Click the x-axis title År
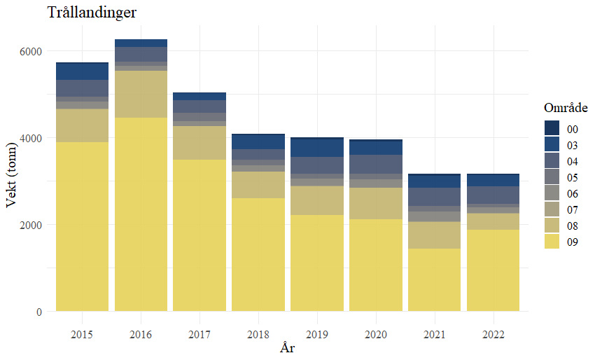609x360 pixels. (x=287, y=348)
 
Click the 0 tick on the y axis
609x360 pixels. (x=38, y=312)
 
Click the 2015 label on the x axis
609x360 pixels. (x=82, y=333)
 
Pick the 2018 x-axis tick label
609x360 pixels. (x=258, y=333)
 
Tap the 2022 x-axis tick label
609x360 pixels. (x=493, y=333)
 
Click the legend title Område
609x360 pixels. (x=565, y=109)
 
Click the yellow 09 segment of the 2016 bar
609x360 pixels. (x=141, y=214)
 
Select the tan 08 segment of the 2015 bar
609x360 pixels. (x=82, y=125)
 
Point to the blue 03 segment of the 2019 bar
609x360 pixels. (x=317, y=148)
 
